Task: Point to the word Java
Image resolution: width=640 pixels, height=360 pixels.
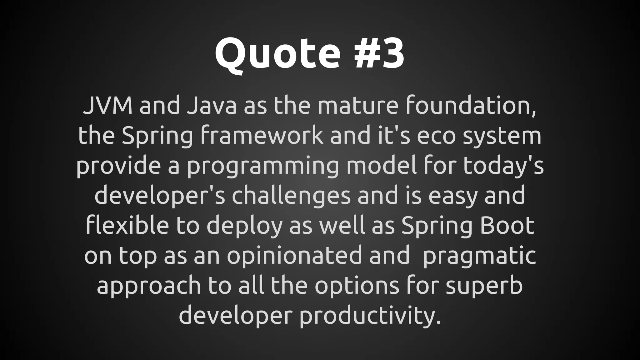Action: pyautogui.click(x=211, y=106)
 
